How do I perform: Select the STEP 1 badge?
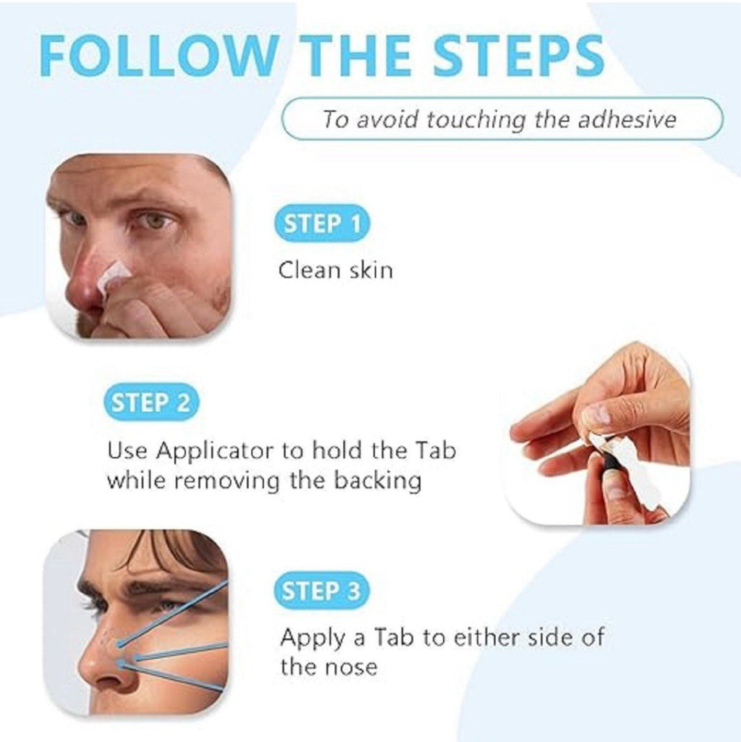tap(322, 224)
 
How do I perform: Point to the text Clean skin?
tap(336, 270)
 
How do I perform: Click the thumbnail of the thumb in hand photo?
tap(595, 414)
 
